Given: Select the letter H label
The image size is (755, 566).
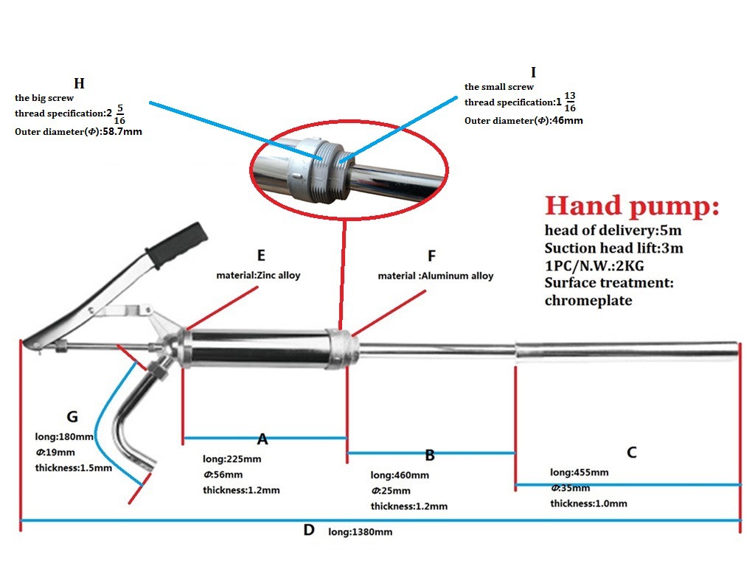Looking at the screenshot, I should (79, 83).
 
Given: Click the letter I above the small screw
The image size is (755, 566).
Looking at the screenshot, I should (533, 72).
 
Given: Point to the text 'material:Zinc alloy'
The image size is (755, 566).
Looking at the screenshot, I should (258, 275).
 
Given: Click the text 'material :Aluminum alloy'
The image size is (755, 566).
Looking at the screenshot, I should (436, 276).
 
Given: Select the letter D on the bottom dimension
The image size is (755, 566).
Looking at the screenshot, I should (309, 530).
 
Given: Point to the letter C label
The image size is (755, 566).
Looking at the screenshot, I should (631, 453).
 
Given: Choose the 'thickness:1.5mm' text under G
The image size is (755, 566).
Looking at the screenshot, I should (74, 467).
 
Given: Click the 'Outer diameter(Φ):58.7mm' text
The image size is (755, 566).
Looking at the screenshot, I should (79, 132).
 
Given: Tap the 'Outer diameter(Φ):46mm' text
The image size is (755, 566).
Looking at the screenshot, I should (523, 120).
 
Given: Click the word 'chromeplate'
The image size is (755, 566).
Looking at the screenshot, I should (588, 300).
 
